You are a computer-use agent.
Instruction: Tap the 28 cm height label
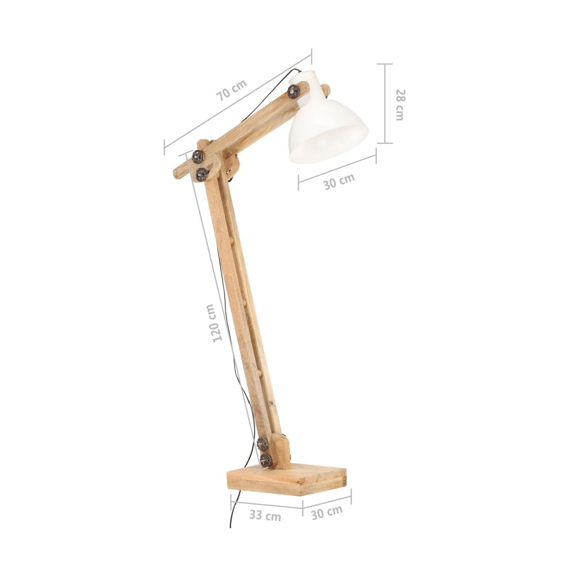click(x=399, y=104)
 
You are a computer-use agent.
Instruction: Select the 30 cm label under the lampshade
click(x=339, y=181)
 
